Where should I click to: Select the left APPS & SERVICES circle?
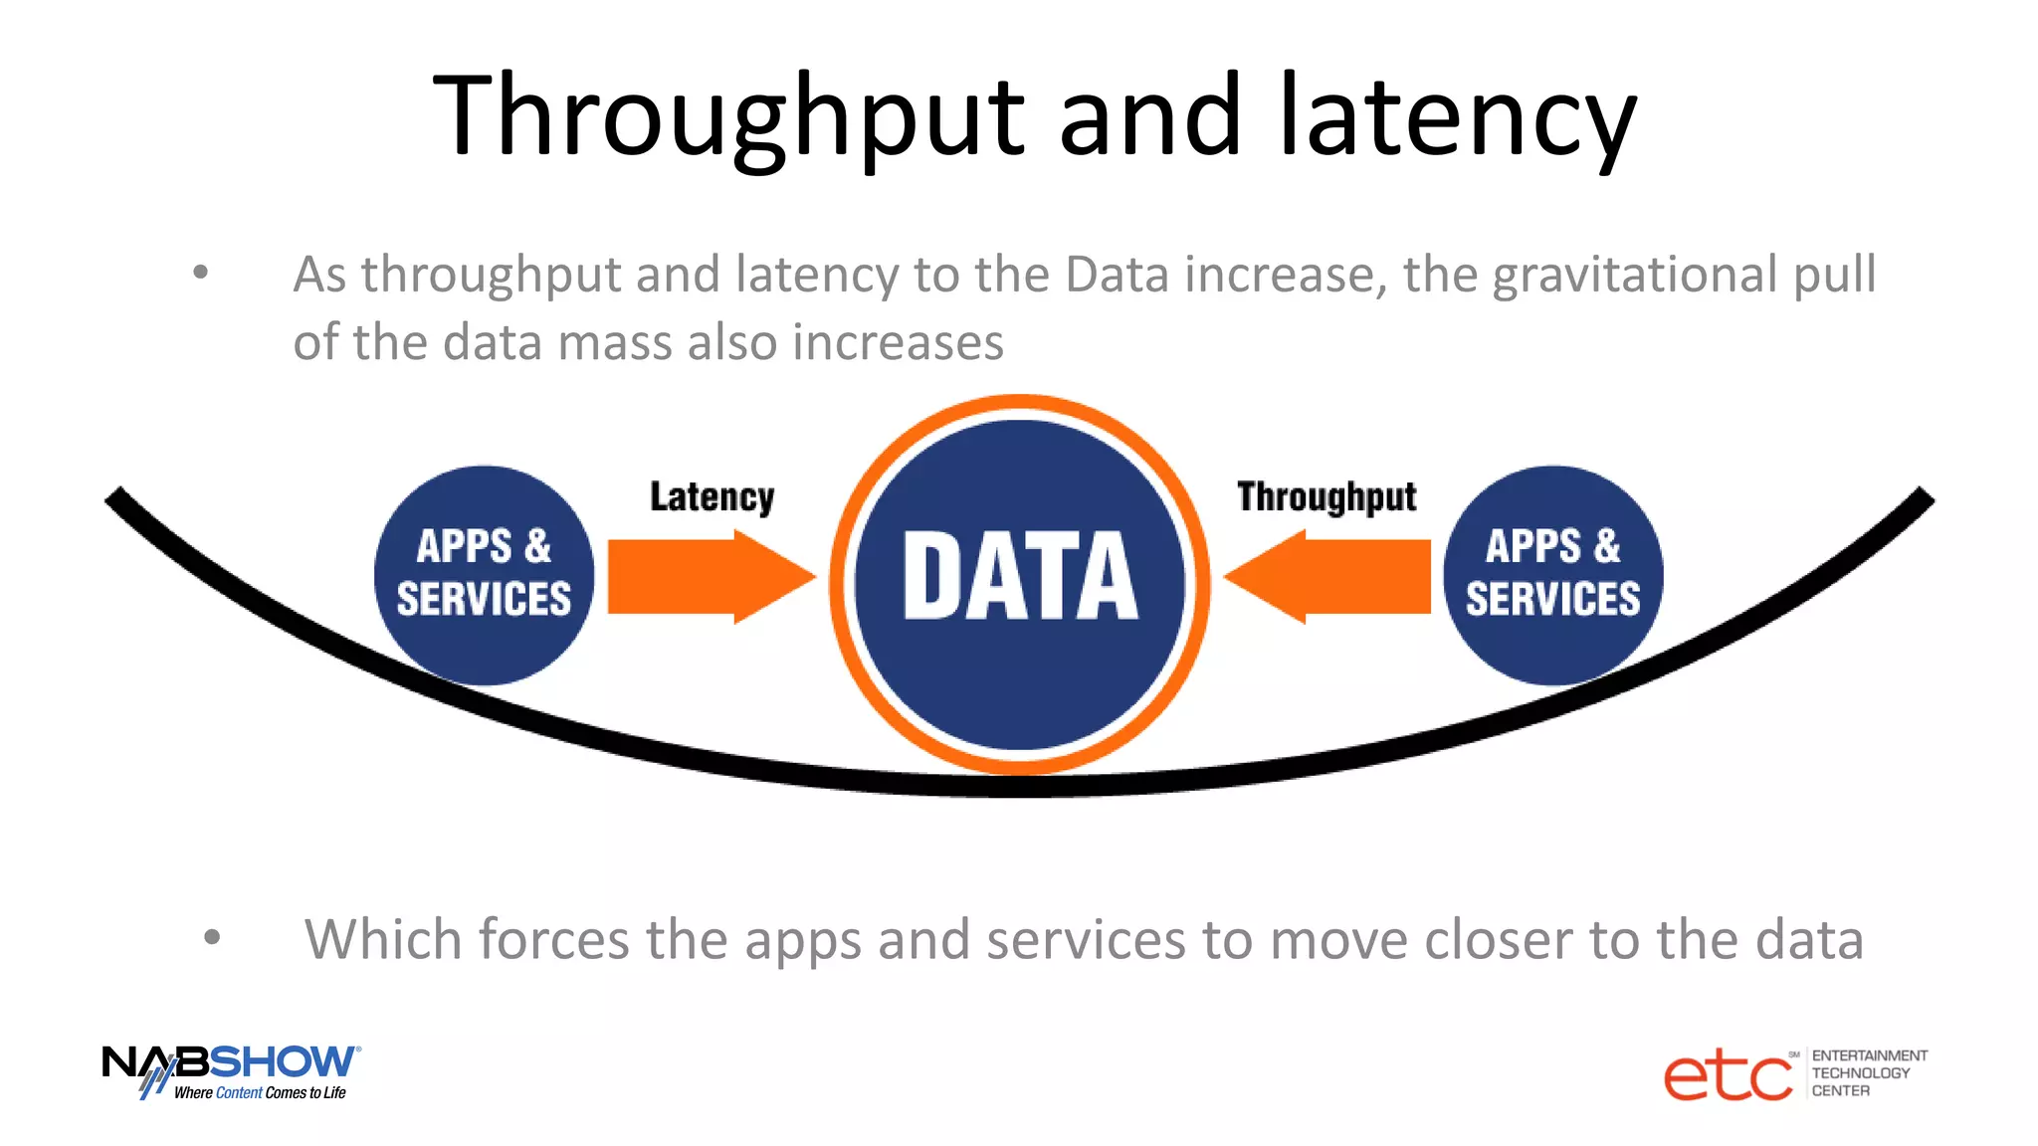click(x=484, y=575)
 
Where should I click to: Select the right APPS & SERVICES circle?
click(x=1552, y=575)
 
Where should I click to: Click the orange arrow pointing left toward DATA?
click(x=1327, y=577)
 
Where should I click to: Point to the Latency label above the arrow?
click(x=712, y=496)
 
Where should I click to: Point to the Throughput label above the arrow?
click(x=1326, y=496)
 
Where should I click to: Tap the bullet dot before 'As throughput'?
click(x=201, y=272)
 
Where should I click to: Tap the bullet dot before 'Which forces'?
click(x=211, y=936)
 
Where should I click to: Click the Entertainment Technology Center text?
click(x=1867, y=1073)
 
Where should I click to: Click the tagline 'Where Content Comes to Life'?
click(x=260, y=1092)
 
